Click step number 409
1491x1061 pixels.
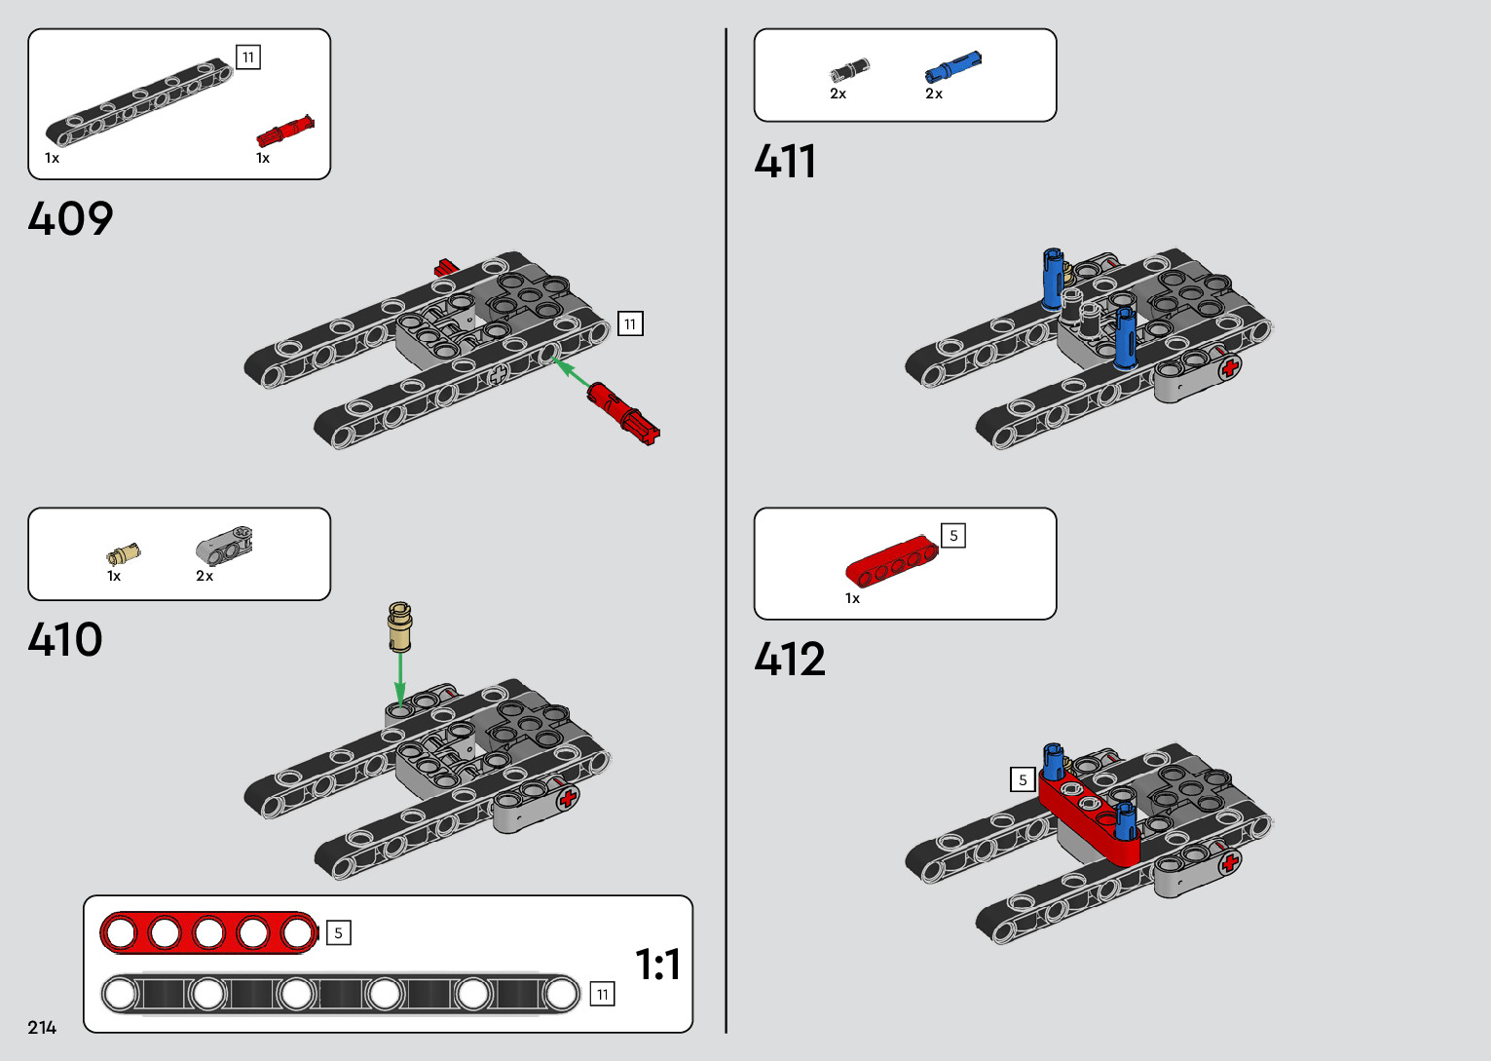point(70,218)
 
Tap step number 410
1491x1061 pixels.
point(65,640)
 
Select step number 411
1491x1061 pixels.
point(785,161)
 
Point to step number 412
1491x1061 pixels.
point(790,660)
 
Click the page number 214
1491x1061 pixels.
point(42,1027)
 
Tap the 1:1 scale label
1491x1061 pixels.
point(657,965)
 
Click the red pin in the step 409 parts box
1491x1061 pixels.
point(284,132)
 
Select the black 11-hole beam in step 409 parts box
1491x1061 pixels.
point(138,102)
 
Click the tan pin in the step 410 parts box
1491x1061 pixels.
point(123,555)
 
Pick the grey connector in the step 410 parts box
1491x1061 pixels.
point(225,547)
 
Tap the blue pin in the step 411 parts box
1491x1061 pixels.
point(952,67)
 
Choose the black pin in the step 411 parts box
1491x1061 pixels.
point(848,70)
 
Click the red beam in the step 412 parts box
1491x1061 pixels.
point(891,562)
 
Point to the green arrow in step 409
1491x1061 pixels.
point(572,373)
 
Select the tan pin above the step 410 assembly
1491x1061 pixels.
point(399,626)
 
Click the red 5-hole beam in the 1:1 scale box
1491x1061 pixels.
point(208,932)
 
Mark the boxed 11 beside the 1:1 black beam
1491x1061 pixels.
point(603,994)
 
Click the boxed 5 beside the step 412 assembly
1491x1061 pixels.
point(1023,779)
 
